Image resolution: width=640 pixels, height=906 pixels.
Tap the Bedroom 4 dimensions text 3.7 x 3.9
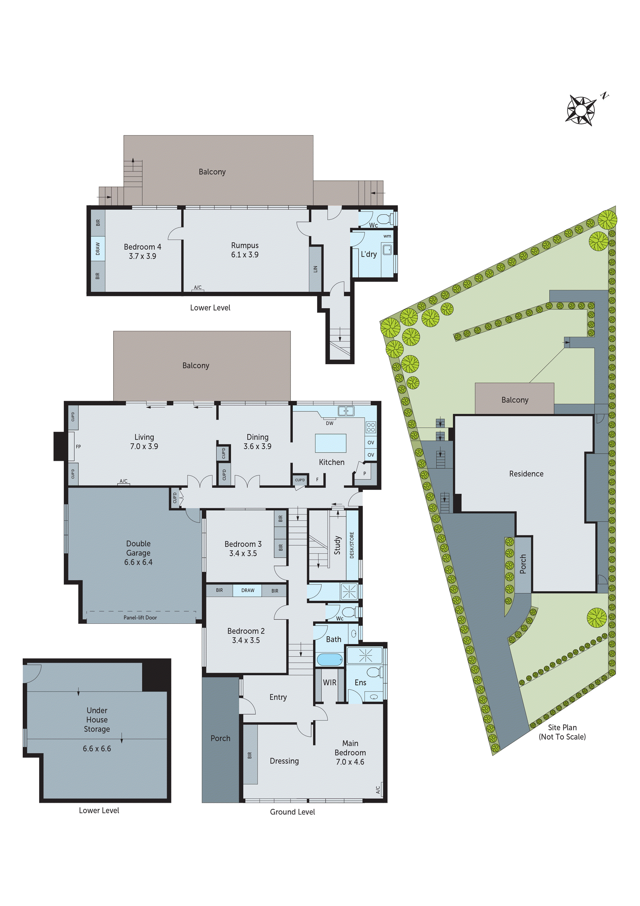(142, 256)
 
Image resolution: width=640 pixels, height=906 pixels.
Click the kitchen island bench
(330, 443)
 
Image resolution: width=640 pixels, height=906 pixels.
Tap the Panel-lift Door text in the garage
(140, 618)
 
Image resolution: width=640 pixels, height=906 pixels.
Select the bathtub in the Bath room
(330, 659)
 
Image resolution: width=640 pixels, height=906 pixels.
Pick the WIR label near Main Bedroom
(329, 682)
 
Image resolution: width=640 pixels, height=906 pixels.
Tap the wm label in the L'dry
(387, 236)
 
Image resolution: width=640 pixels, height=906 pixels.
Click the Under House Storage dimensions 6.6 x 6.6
(97, 748)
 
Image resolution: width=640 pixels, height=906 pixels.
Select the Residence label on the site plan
(526, 473)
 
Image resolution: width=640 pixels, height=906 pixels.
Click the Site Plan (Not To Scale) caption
(562, 732)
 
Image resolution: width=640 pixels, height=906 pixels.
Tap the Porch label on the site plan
(523, 564)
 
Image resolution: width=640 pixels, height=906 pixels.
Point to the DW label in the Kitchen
(329, 423)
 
